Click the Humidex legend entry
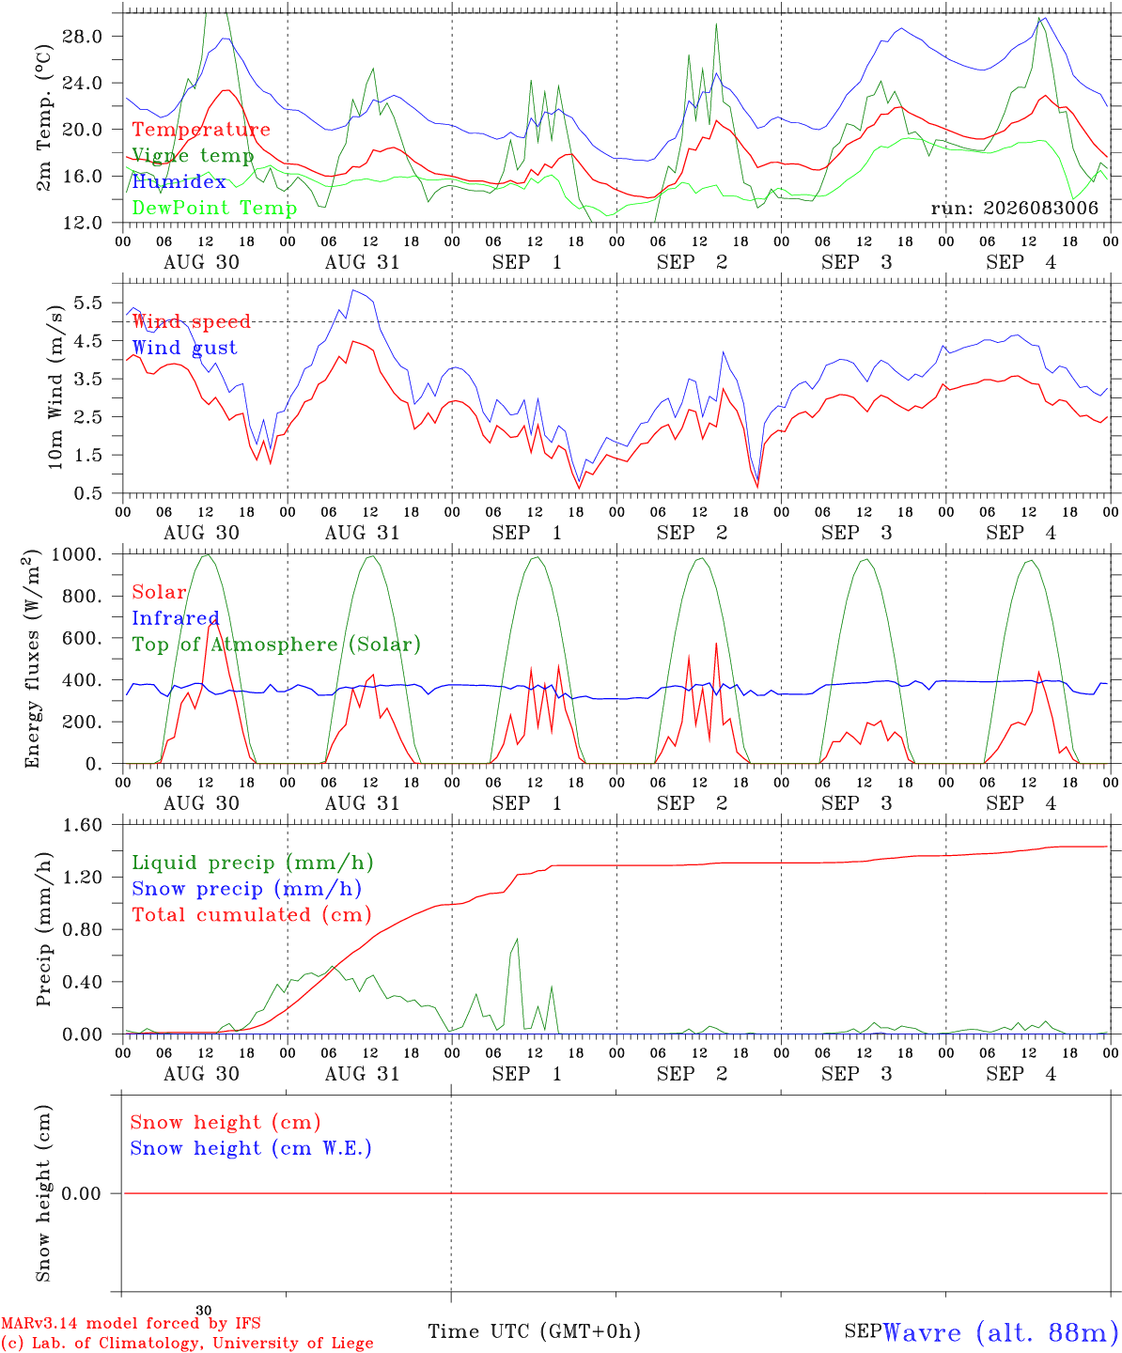[x=179, y=181]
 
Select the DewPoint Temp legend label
[x=214, y=208]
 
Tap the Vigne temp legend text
[x=193, y=156]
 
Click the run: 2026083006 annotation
[x=1014, y=208]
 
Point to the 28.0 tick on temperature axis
[x=83, y=37]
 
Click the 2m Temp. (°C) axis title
[x=43, y=117]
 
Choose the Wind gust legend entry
[x=185, y=348]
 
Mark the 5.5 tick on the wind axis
[x=88, y=303]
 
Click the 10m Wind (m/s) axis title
[x=55, y=387]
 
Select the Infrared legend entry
[x=176, y=618]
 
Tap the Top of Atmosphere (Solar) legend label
[x=277, y=645]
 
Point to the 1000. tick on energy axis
[x=77, y=554]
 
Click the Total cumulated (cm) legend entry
[x=252, y=914]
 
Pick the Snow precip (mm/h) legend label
[x=246, y=889]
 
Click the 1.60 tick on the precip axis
[x=83, y=825]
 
